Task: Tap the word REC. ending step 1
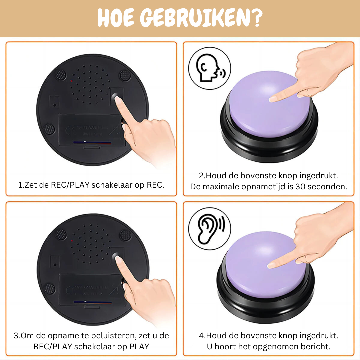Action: click(155, 185)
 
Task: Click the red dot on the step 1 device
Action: click(71, 81)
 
